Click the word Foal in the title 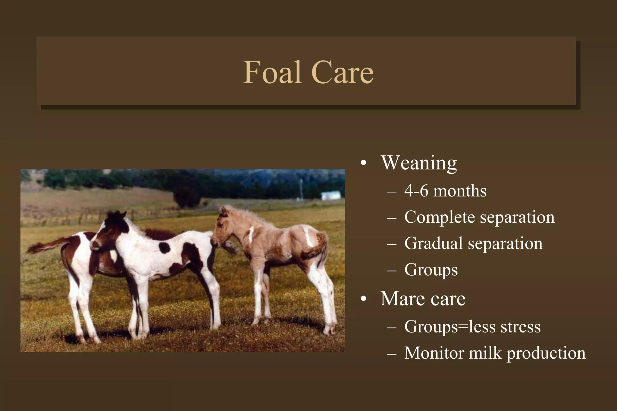tap(272, 72)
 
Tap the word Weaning tap(418, 163)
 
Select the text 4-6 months tap(445, 191)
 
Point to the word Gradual tap(433, 243)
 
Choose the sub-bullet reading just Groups tap(431, 270)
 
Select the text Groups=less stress tap(472, 327)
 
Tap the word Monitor tap(434, 353)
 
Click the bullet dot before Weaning tap(364, 163)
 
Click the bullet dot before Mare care tap(364, 299)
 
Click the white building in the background tap(331, 195)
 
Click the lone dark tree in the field tap(187, 197)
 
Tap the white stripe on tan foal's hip tap(308, 238)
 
